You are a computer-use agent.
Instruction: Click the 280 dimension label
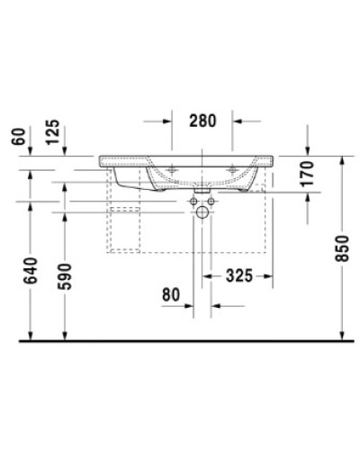point(202,121)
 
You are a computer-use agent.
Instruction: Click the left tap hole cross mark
point(171,166)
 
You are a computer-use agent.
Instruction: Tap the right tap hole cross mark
point(234,166)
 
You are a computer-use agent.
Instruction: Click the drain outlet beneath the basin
point(203,193)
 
